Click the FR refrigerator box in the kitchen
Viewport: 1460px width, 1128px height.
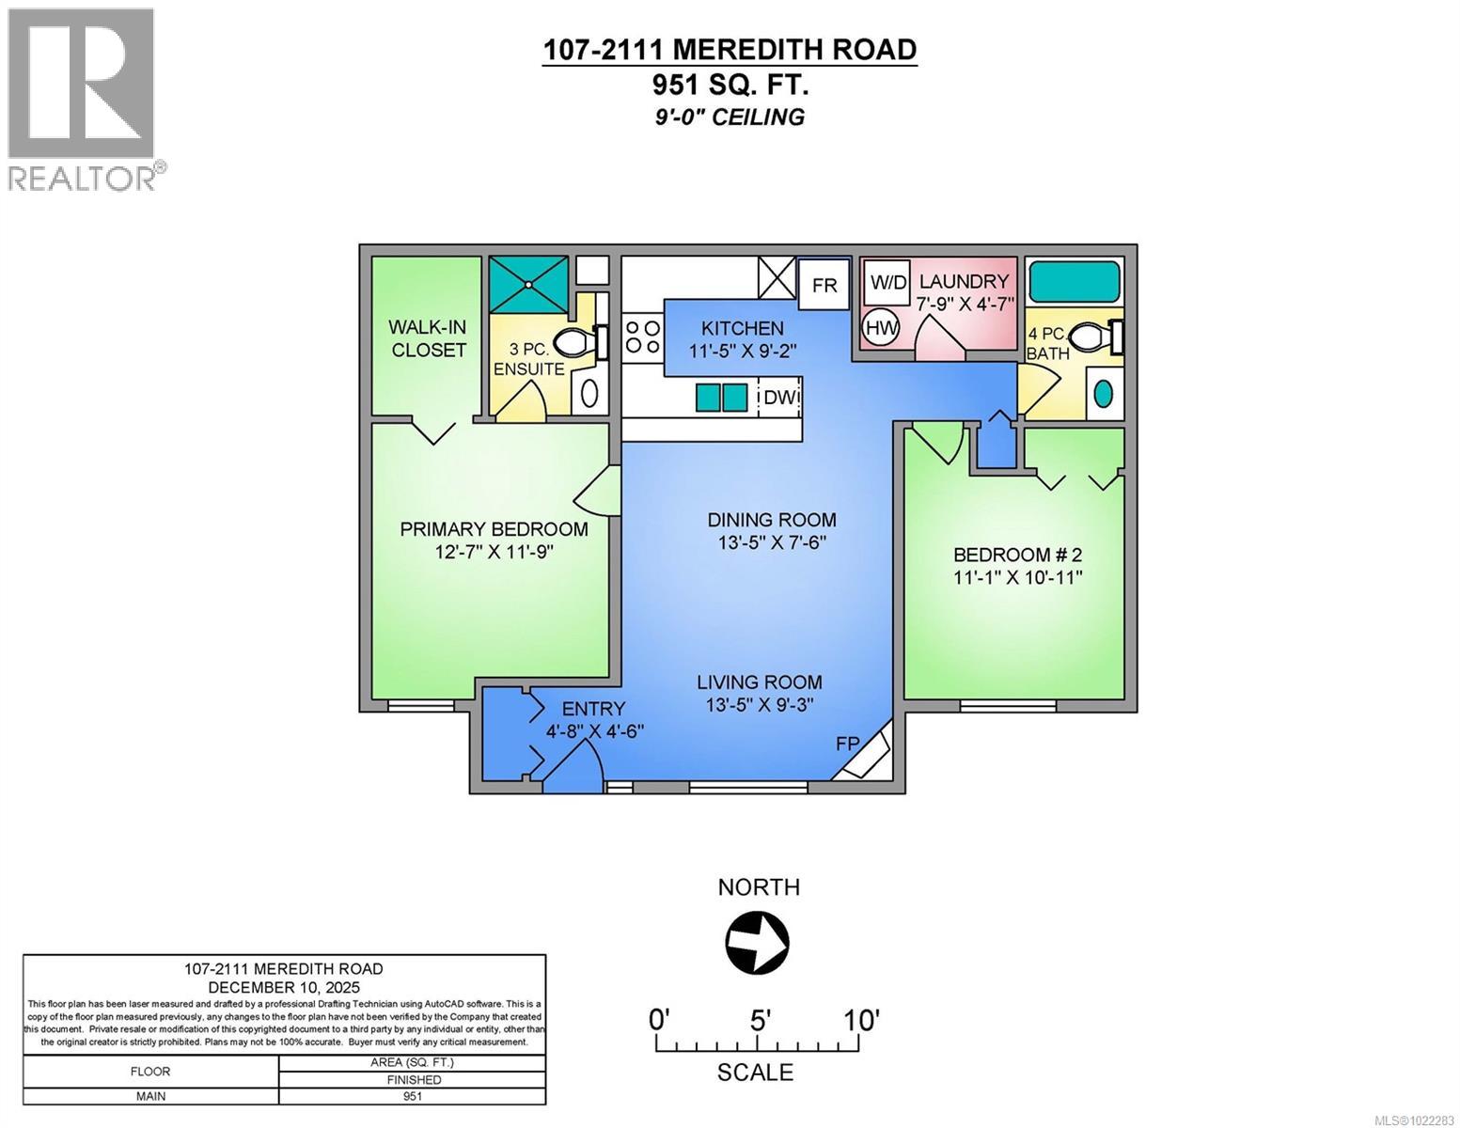pyautogui.click(x=824, y=284)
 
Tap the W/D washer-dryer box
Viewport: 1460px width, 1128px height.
pyautogui.click(x=887, y=282)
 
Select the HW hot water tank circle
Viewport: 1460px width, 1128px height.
pyautogui.click(x=882, y=328)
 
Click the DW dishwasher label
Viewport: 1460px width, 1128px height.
pyautogui.click(x=780, y=398)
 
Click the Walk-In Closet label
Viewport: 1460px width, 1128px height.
pyautogui.click(x=429, y=338)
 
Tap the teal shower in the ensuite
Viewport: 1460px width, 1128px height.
pyautogui.click(x=528, y=284)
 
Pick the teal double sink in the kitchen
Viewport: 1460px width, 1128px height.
pyautogui.click(x=722, y=398)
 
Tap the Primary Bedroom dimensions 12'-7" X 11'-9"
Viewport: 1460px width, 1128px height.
pyautogui.click(x=494, y=552)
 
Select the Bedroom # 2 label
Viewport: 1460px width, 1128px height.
pyautogui.click(x=1018, y=555)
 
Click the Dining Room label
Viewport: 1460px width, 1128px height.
pyautogui.click(x=772, y=520)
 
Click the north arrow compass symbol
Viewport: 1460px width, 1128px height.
pyautogui.click(x=757, y=941)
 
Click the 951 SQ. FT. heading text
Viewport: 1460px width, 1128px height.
pyautogui.click(x=730, y=85)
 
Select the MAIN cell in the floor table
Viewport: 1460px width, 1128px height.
pyautogui.click(x=150, y=1096)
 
